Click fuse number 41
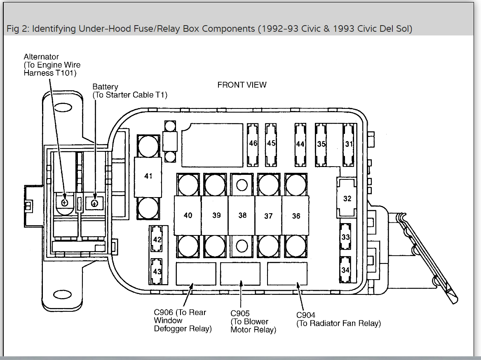click(148, 176)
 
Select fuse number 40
click(188, 215)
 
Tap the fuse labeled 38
click(242, 215)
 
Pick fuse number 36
click(296, 216)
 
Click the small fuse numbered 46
click(253, 144)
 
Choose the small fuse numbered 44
click(300, 144)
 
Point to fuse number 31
click(349, 144)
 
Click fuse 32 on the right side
click(347, 198)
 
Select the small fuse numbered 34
click(345, 270)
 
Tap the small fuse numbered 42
click(157, 239)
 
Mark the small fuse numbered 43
click(157, 272)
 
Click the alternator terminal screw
click(64, 202)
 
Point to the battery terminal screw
click(95, 203)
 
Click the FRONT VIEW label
click(242, 85)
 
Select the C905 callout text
click(240, 314)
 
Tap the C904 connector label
click(306, 315)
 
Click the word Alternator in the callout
click(41, 57)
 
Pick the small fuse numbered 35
click(321, 144)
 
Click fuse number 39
click(216, 215)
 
